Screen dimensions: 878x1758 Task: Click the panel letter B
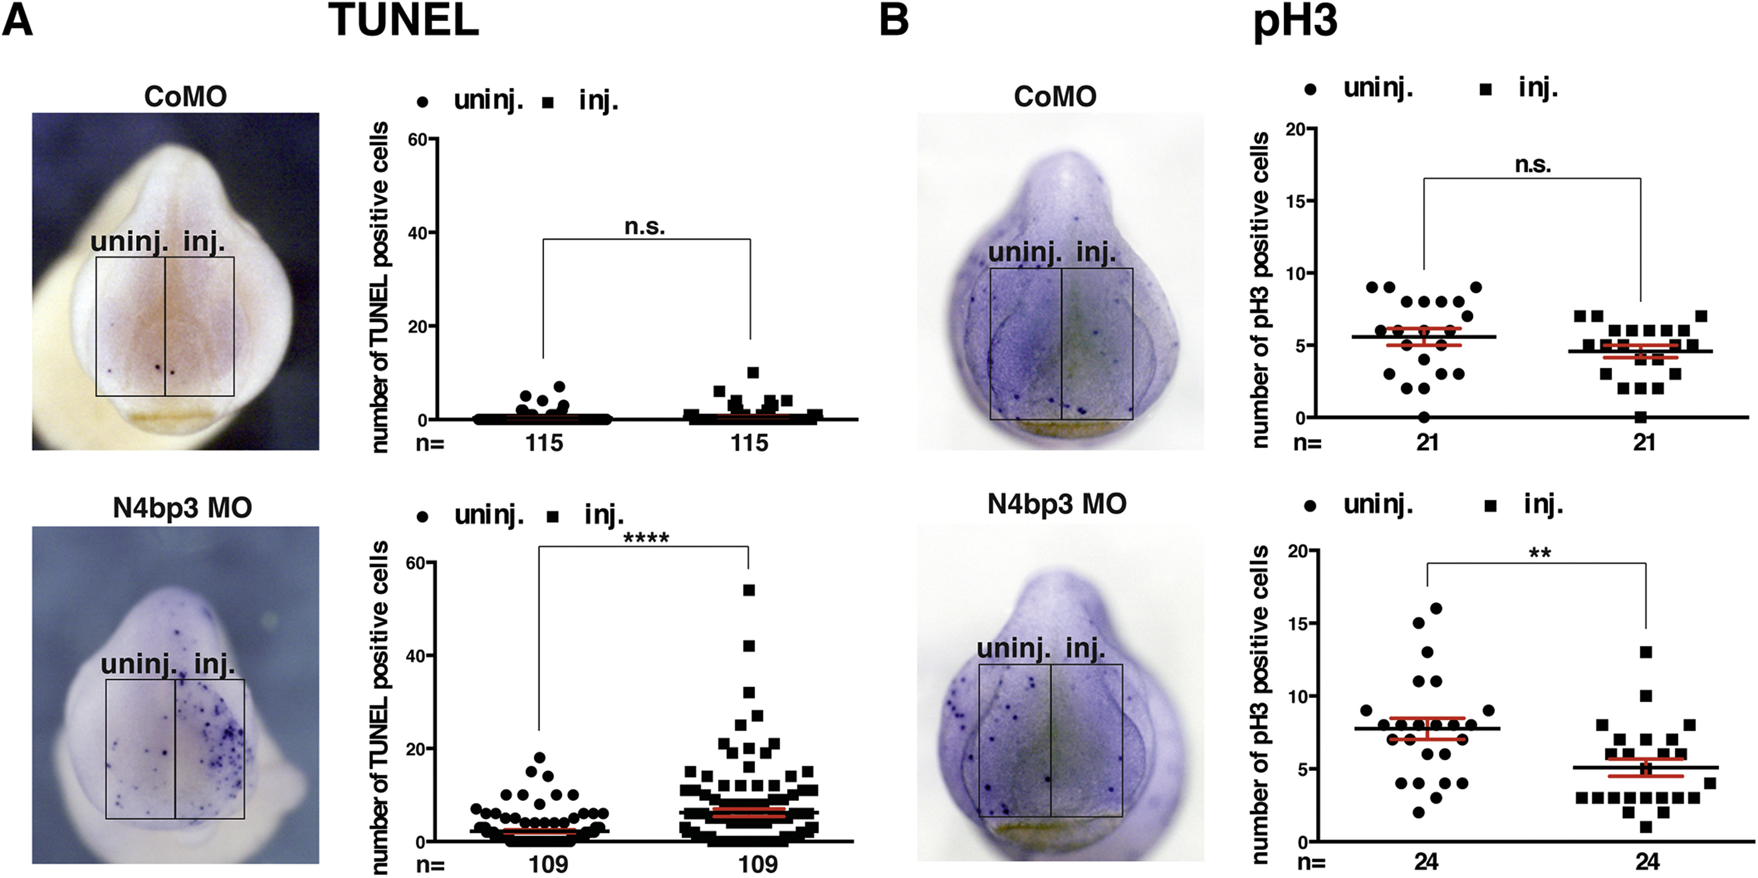pos(894,21)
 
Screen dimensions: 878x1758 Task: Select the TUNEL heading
pos(404,21)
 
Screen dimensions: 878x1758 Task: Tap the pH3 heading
pos(1295,22)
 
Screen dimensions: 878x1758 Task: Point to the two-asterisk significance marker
pos(1540,553)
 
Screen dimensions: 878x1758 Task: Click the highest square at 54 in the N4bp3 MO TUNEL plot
pos(749,590)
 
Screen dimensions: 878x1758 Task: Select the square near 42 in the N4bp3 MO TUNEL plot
pos(749,646)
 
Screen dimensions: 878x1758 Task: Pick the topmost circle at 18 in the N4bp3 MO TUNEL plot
pos(539,758)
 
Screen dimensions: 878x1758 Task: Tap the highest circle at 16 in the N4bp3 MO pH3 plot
pos(1436,609)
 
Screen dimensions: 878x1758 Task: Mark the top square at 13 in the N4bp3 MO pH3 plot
pos(1645,653)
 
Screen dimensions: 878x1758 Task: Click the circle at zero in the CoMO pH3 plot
pos(1423,417)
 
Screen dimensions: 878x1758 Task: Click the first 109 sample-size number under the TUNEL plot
pos(548,864)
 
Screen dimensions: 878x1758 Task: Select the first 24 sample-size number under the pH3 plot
pos(1426,863)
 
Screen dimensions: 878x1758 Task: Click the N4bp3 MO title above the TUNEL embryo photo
pos(182,508)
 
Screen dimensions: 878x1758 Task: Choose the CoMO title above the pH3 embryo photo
pos(1055,96)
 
